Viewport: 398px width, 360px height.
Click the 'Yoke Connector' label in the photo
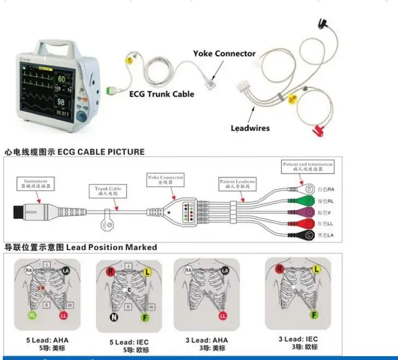point(224,54)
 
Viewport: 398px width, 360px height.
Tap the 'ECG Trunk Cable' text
point(161,94)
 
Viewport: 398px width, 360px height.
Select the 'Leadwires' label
point(250,128)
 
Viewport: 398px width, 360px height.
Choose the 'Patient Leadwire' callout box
point(238,184)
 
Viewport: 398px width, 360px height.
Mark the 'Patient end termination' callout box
point(307,166)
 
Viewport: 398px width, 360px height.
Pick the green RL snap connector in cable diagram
point(308,200)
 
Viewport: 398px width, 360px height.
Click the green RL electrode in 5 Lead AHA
point(33,315)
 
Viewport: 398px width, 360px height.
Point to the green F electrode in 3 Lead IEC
point(314,315)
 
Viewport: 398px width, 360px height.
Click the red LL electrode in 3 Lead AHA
point(222,316)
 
